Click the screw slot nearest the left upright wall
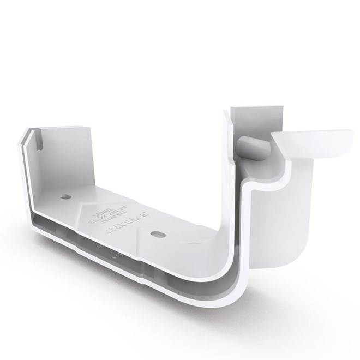tap(66, 196)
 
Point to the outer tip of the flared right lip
tap(349, 132)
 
